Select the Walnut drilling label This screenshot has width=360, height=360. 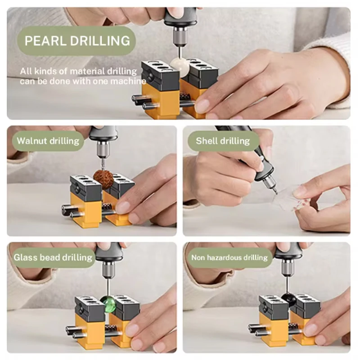[x=48, y=141]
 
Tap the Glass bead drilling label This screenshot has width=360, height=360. [x=53, y=258]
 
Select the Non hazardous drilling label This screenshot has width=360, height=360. [x=229, y=258]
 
